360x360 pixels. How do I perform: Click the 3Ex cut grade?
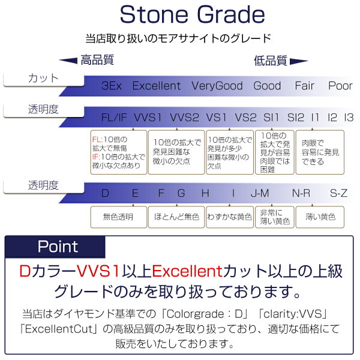pyautogui.click(x=112, y=86)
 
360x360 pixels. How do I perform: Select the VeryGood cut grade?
pyautogui.click(x=217, y=86)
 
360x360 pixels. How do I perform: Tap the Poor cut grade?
pyautogui.click(x=340, y=86)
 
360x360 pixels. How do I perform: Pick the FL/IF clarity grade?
pyautogui.click(x=114, y=118)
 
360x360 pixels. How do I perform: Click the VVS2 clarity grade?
pyautogui.click(x=184, y=118)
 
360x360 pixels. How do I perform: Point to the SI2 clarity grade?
pyautogui.click(x=296, y=118)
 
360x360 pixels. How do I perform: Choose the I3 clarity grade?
pyautogui.click(x=349, y=118)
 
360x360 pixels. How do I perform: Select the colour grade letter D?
pyautogui.click(x=105, y=193)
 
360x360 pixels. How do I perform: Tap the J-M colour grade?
pyautogui.click(x=260, y=193)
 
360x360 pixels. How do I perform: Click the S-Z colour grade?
pyautogui.click(x=338, y=193)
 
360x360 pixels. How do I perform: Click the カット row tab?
pyautogui.click(x=44, y=79)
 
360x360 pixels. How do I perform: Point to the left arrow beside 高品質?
pyautogui.click(x=68, y=61)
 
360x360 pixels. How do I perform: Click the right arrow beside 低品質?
pyautogui.click(x=299, y=62)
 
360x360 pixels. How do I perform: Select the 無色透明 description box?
pyautogui.click(x=118, y=217)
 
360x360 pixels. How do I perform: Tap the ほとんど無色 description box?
pyautogui.click(x=176, y=217)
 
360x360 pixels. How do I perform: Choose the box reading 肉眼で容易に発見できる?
pyautogui.click(x=320, y=152)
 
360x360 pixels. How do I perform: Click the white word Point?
pyautogui.click(x=58, y=247)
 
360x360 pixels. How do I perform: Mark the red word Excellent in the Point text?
pyautogui.click(x=187, y=271)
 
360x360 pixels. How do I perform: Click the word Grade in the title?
pyautogui.click(x=231, y=14)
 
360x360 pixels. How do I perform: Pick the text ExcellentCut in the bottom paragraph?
pyautogui.click(x=58, y=329)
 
